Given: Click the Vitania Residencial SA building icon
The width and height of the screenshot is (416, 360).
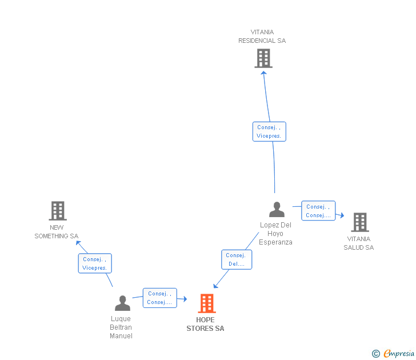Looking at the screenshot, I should pos(263,58).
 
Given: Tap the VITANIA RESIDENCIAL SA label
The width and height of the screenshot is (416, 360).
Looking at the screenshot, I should pos(262,37).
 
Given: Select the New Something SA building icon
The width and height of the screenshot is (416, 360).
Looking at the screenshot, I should pos(58,211).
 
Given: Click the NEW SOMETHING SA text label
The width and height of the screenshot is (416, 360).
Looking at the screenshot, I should pos(57,232).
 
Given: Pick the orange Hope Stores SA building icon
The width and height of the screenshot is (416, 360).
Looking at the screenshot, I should pos(206,303).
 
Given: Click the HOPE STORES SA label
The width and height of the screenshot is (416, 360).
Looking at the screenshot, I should pos(206,324).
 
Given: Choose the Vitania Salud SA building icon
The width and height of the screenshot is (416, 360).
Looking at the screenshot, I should pos(359,222).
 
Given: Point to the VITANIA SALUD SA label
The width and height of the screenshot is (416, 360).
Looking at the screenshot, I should pos(358,243).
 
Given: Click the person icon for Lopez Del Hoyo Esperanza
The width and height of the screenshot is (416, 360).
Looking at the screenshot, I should pos(277,210).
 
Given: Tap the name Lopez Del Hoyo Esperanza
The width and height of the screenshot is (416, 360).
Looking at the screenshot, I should pos(275,233).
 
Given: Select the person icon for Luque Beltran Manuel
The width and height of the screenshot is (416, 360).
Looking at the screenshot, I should pos(122,303).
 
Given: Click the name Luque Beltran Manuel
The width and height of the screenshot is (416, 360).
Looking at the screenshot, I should pos(121,327).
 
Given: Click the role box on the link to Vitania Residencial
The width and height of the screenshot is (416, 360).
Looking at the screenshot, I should pos(269,131).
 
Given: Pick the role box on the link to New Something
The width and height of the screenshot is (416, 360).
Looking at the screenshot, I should pos(95,263).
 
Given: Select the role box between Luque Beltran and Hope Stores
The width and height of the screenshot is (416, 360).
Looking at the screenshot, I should pos(159,298).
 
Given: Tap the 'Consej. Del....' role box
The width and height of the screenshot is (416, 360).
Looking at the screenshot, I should pos(237,259).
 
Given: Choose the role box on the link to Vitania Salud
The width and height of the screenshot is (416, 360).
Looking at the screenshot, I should pos(318,211).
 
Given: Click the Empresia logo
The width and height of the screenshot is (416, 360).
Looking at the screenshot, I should pos(399,354).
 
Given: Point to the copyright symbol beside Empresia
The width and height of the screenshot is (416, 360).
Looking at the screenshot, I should pos(376,354).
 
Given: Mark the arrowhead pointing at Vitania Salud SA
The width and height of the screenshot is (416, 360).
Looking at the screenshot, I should pos(341,215).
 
